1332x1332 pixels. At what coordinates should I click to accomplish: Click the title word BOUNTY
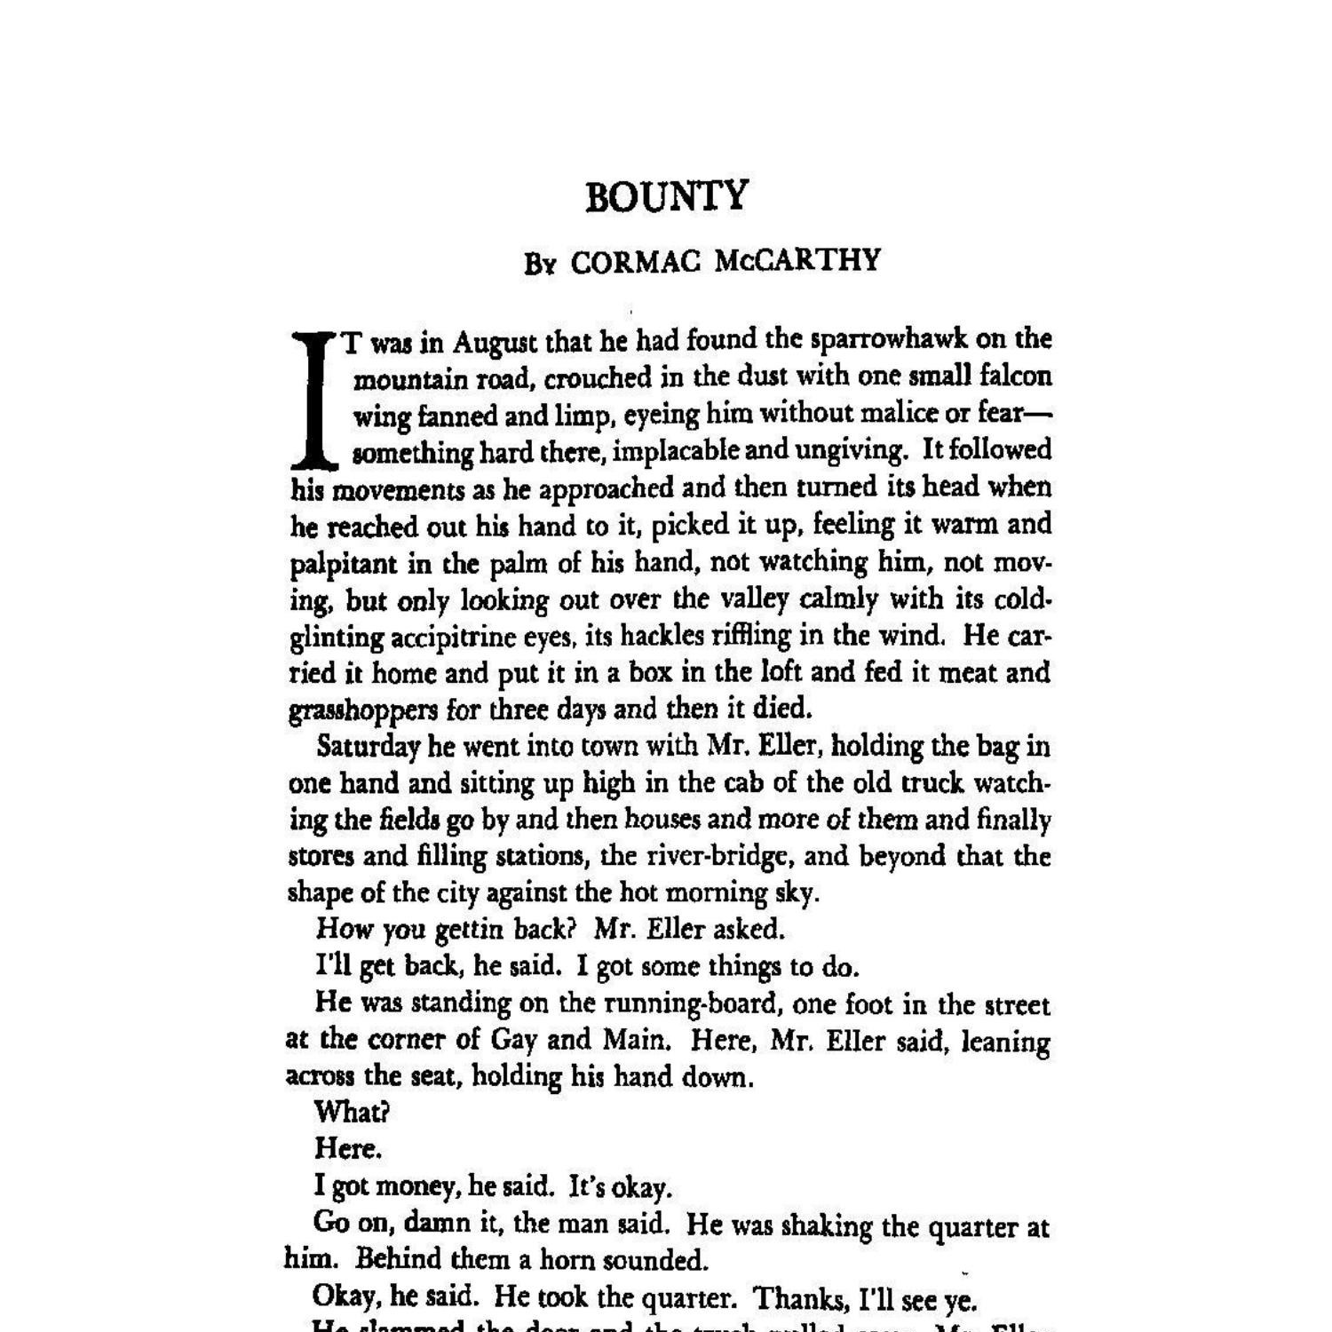(x=667, y=196)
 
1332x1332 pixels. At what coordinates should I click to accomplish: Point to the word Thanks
(x=801, y=1299)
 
